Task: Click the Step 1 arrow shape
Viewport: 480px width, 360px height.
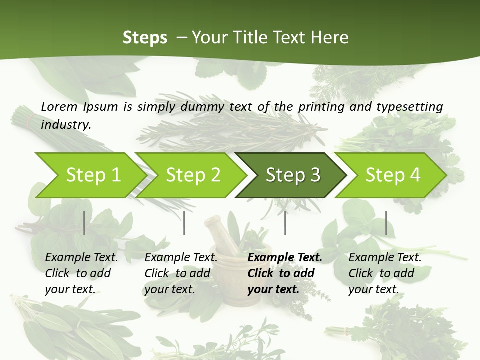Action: [x=92, y=175]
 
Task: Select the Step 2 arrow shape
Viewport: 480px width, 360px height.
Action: [x=192, y=175]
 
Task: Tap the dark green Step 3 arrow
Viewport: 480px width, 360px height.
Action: [x=292, y=175]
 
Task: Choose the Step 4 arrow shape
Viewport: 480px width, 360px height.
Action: [x=392, y=175]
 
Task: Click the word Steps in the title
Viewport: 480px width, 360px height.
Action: [x=145, y=37]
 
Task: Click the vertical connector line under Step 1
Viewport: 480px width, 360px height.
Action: [x=84, y=223]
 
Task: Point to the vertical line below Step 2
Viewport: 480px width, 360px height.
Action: [x=184, y=223]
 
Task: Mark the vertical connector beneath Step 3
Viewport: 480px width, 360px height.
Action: [x=285, y=223]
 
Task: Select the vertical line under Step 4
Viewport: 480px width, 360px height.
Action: [x=386, y=223]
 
